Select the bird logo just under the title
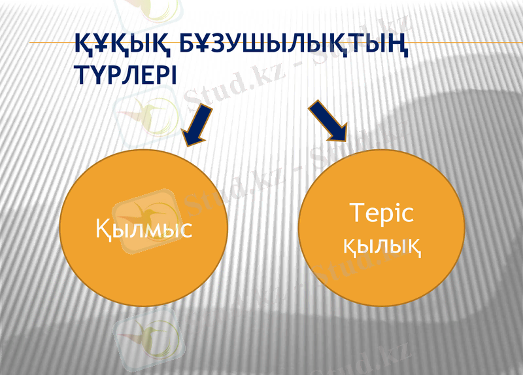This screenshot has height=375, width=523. [145, 115]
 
